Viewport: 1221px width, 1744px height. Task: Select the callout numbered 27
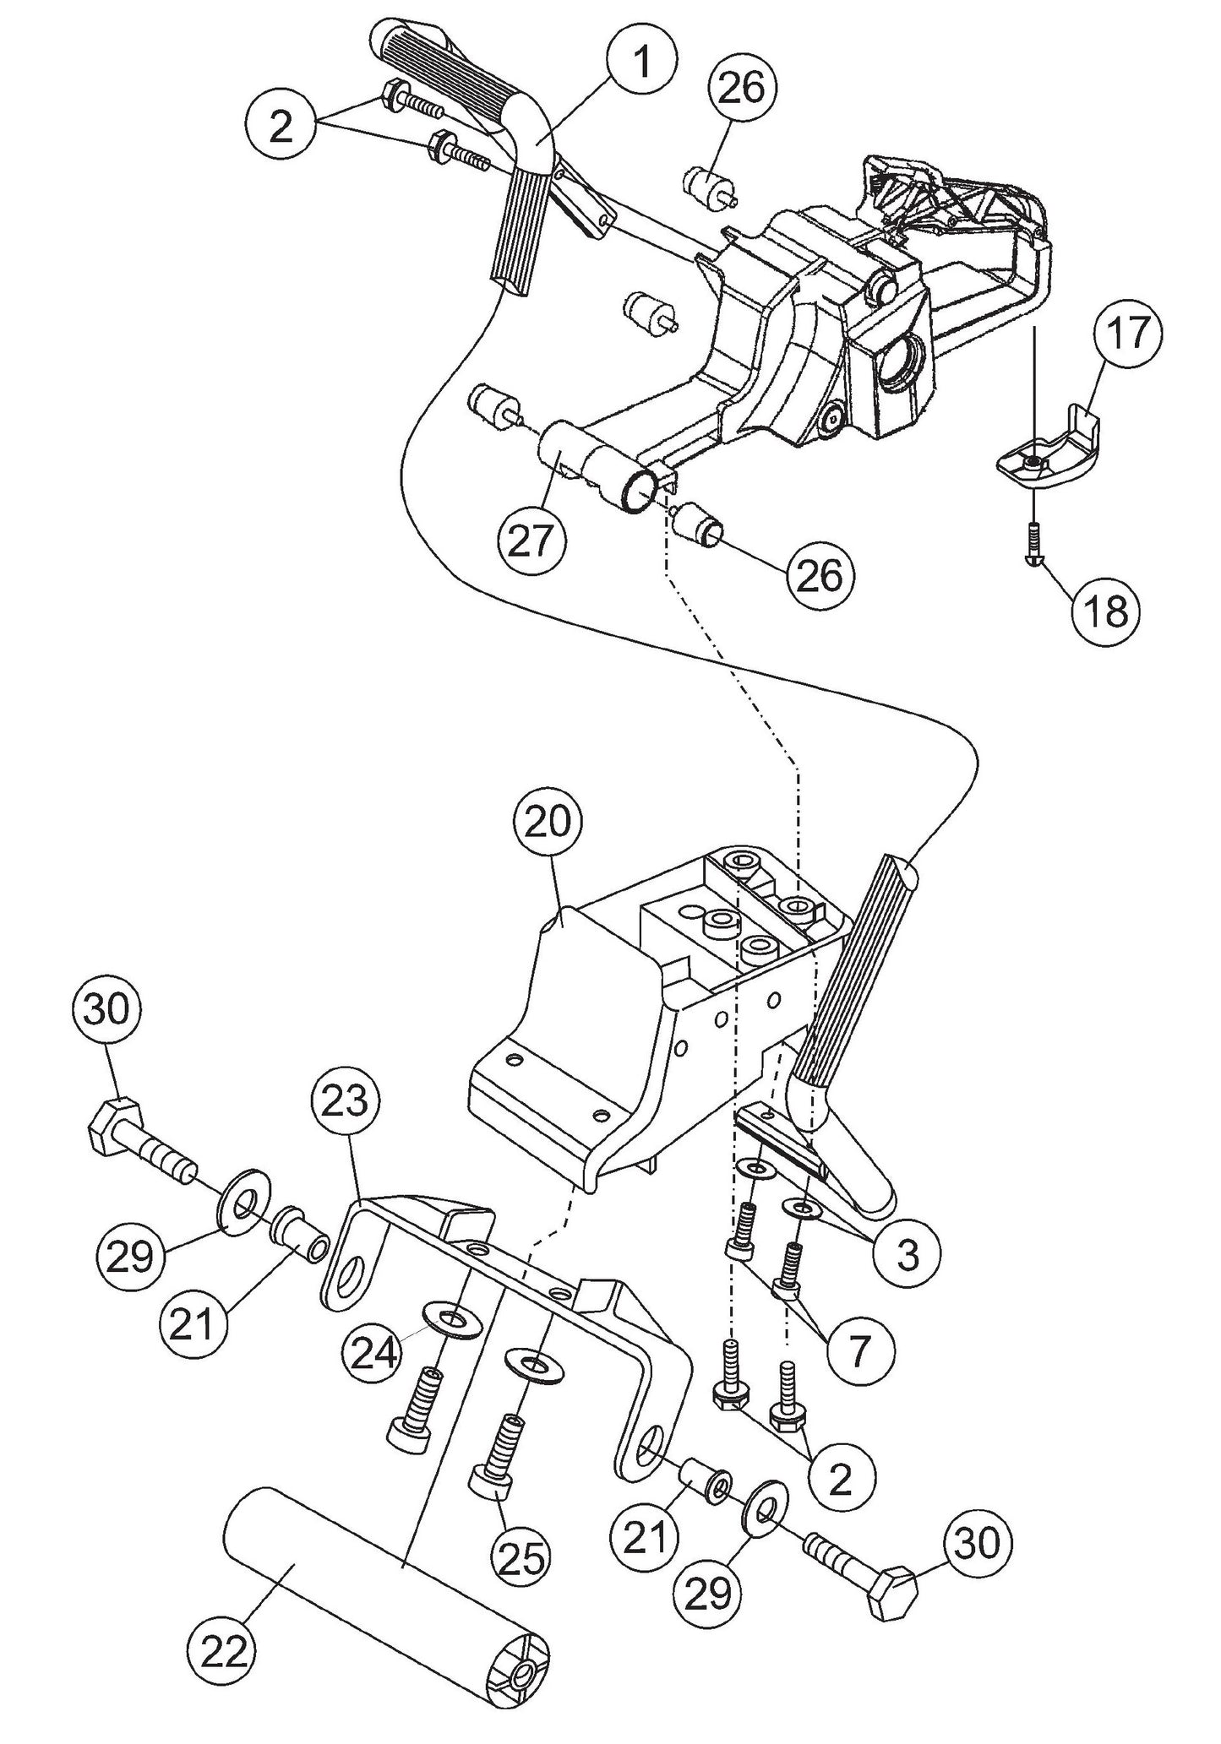click(531, 541)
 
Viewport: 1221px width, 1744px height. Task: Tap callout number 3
click(906, 1255)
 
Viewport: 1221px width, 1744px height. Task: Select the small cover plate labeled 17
click(1048, 456)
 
